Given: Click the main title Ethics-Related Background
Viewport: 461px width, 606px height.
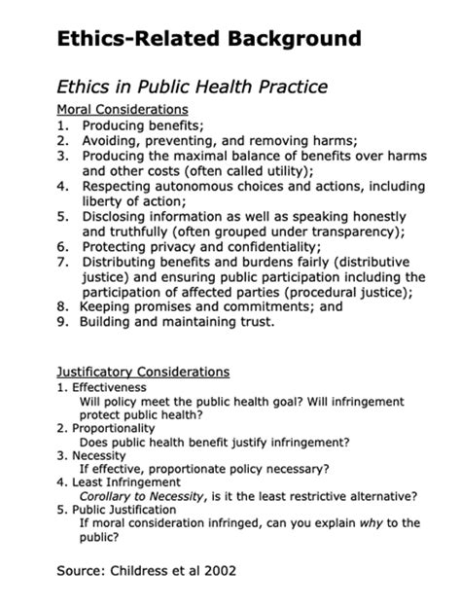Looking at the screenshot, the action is point(209,39).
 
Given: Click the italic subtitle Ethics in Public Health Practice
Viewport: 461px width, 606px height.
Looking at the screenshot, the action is point(193,87).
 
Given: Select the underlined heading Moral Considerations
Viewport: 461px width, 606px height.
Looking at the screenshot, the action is point(123,110).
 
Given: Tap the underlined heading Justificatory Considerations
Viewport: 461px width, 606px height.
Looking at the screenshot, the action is point(143,372).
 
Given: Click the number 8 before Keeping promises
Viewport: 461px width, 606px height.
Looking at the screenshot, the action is point(61,305).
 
